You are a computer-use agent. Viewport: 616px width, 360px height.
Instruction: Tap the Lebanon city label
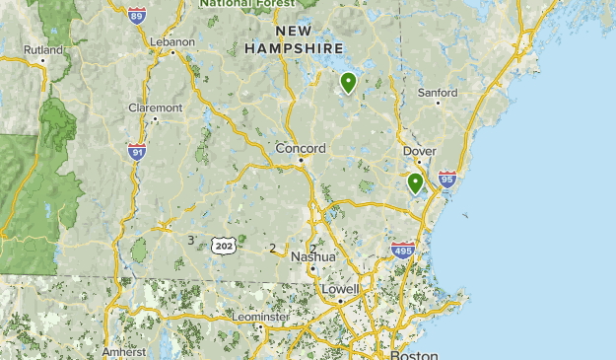point(172,41)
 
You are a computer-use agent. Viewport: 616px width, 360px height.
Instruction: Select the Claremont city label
point(155,108)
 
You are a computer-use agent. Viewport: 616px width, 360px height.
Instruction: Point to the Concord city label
point(300,149)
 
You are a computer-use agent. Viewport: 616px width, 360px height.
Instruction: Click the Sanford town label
point(438,93)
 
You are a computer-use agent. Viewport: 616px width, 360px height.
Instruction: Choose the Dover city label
point(419,151)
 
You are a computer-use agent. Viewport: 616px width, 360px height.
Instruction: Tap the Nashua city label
point(312,256)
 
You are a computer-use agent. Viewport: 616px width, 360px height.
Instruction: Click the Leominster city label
point(261,317)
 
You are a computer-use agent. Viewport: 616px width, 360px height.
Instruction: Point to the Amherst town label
point(123,351)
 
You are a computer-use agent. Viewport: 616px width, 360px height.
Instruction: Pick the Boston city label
point(413,354)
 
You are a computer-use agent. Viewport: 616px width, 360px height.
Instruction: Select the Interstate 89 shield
point(137,15)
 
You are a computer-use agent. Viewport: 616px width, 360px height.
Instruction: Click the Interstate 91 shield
point(137,151)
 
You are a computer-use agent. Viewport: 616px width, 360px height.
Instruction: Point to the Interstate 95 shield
point(447,179)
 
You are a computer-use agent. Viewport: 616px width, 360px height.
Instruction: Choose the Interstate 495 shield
point(402,251)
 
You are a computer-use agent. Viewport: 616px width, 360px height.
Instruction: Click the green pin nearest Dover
point(415,182)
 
